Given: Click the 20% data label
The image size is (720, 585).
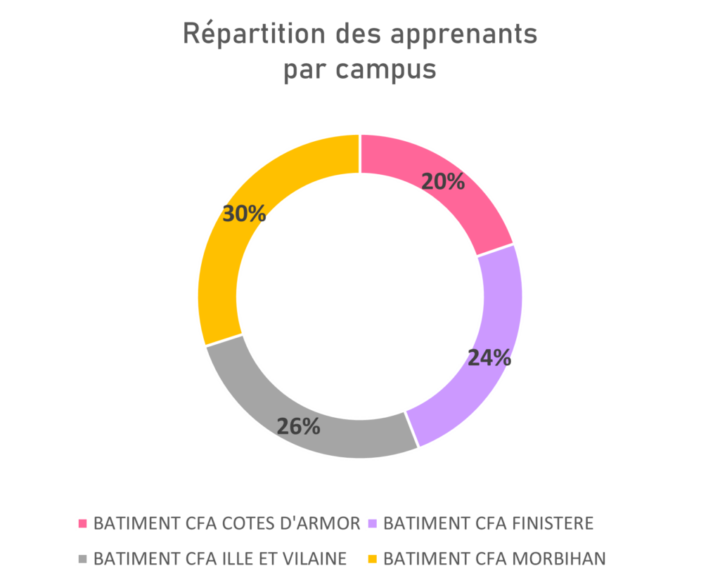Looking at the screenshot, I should coord(443,182).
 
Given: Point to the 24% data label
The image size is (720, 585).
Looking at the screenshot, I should coord(489,358).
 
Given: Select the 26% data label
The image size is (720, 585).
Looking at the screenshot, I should coord(298,426).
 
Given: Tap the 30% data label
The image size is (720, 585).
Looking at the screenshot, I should coord(244,213).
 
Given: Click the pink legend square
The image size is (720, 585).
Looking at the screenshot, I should coord(82,523).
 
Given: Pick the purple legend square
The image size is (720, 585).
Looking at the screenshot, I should coord(372,523).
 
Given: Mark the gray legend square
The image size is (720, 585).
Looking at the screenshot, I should coord(82,559).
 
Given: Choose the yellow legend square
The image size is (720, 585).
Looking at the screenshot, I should coord(372,559).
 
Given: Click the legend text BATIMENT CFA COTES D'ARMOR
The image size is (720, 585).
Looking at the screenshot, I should coord(226,523).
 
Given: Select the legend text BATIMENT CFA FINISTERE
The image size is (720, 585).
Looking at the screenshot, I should coord(488,523).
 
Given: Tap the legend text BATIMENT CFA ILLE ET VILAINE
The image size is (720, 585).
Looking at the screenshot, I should coord(219,559).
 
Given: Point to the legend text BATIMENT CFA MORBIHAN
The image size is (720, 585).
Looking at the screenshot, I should coord(494,559).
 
